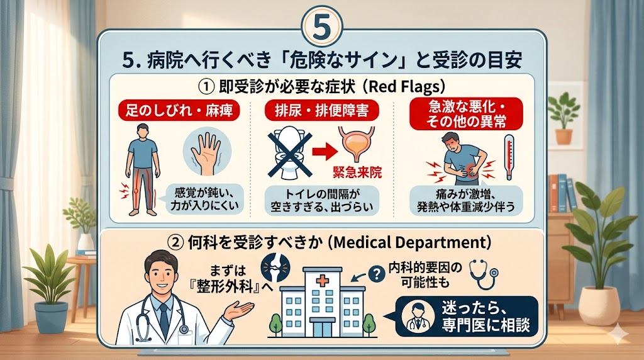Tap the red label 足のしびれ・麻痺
pos(179,111)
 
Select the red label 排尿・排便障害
pos(321,111)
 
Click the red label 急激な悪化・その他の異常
pos(466,114)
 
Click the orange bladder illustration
pos(357,144)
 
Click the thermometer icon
pos(509,157)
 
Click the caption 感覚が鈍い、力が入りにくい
pos(204,199)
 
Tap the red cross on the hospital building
pos(323,281)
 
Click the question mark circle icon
pos(377,274)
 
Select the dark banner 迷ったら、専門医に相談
pos(467,317)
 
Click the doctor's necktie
pos(164,320)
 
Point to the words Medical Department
pos(410,242)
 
